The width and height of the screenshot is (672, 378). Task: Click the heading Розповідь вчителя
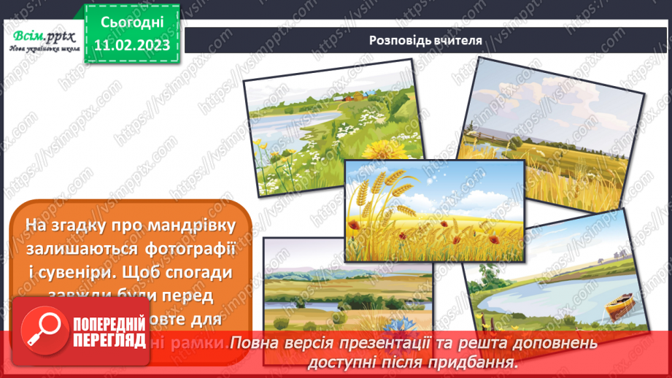425,40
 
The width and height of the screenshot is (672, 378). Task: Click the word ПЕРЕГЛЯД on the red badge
108,341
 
